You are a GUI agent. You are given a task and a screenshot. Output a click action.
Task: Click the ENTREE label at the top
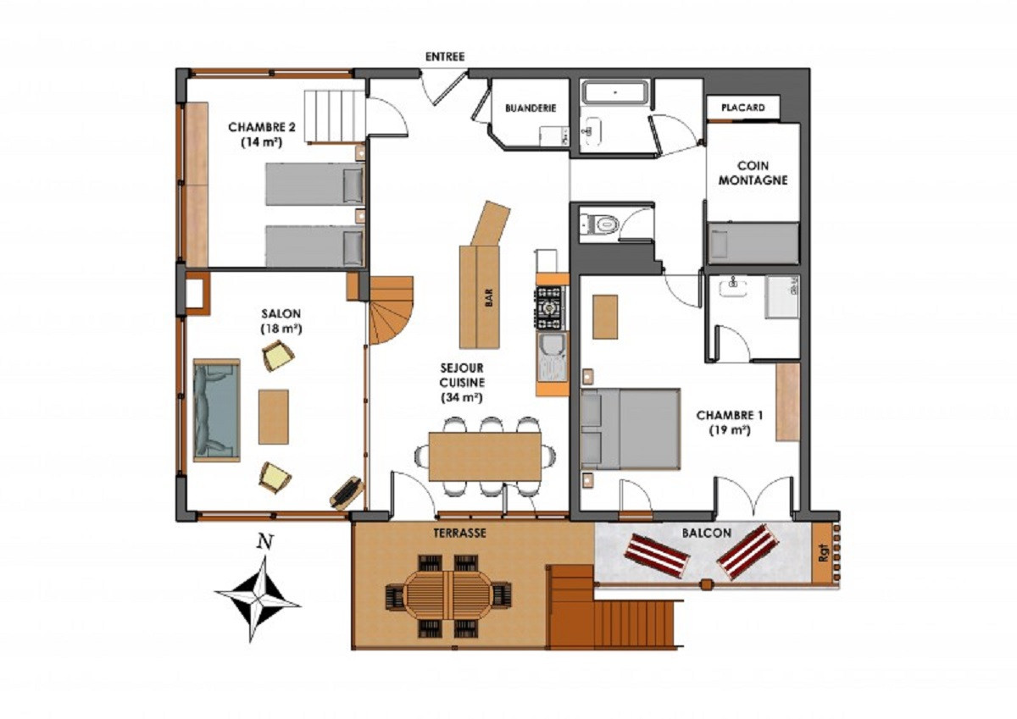pos(445,57)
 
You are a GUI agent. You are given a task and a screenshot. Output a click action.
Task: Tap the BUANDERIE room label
pos(530,108)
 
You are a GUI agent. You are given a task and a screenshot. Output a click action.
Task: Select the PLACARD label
pos(742,108)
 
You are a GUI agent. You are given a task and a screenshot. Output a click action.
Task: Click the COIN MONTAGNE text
pos(753,173)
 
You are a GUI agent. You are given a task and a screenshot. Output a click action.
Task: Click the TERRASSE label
pos(458,533)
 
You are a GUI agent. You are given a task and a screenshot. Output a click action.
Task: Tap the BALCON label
pos(703,534)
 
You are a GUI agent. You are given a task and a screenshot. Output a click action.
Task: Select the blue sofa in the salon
pos(217,410)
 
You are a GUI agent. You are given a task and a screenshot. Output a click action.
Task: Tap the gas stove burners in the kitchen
pos(550,307)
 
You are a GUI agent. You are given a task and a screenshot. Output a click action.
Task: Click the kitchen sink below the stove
pos(552,356)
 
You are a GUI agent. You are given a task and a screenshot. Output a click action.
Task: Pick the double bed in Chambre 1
pos(631,429)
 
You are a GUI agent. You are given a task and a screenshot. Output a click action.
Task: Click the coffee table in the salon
pos(273,416)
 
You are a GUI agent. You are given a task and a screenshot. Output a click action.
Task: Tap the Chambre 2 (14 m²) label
pos(261,135)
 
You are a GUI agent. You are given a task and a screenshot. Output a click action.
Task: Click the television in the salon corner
pos(347,492)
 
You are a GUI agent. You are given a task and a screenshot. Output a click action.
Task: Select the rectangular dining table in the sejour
pos(485,456)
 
